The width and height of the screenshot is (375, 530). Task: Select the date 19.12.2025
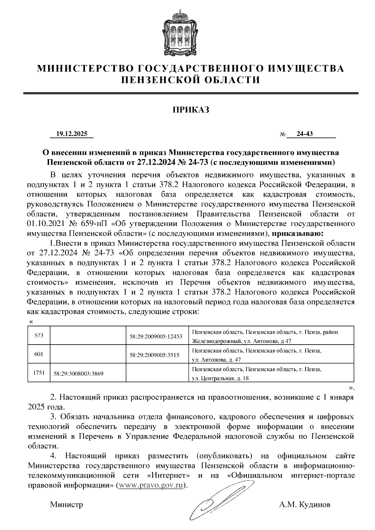pyautogui.click(x=72, y=134)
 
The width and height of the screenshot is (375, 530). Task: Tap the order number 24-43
pyautogui.click(x=305, y=134)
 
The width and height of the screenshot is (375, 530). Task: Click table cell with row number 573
pyautogui.click(x=39, y=335)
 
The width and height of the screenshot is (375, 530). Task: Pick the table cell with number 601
pyautogui.click(x=39, y=354)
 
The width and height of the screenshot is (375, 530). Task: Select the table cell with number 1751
pyautogui.click(x=39, y=373)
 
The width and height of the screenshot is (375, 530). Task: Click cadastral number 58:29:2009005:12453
pyautogui.click(x=156, y=337)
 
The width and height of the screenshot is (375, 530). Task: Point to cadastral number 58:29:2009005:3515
pyautogui.click(x=154, y=355)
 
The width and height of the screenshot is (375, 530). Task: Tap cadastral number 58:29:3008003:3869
pyautogui.click(x=78, y=374)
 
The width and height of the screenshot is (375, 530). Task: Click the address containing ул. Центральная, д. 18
pyautogui.click(x=256, y=374)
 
